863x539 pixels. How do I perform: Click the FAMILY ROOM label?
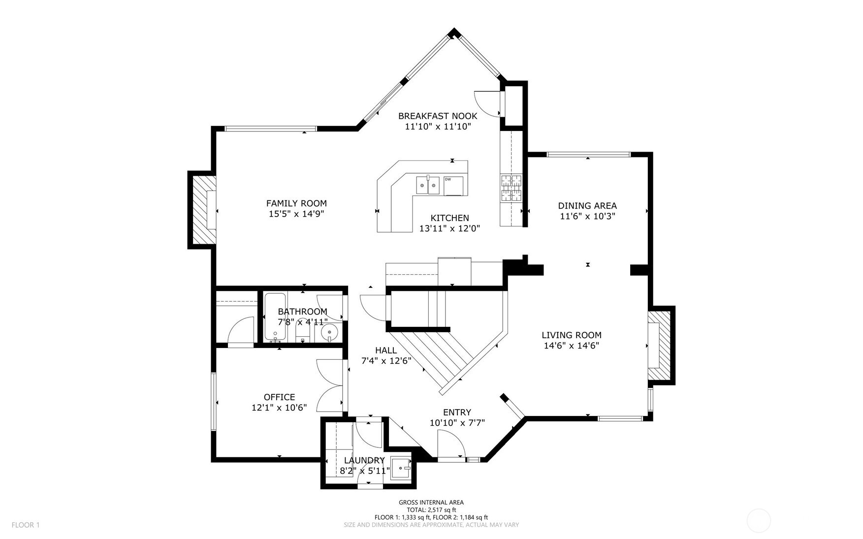click(296, 203)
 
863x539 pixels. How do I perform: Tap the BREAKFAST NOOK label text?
click(437, 116)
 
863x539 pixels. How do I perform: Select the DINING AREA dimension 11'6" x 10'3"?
click(587, 216)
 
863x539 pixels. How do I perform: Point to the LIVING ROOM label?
click(571, 335)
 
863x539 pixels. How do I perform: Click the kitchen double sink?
click(427, 185)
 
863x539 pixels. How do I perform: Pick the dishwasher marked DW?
click(454, 185)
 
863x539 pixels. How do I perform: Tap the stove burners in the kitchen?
click(511, 189)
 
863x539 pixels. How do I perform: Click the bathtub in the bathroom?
click(275, 317)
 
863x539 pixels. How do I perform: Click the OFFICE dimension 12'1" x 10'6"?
click(279, 408)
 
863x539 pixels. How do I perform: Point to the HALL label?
click(386, 350)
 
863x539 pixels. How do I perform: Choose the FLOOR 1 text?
click(25, 525)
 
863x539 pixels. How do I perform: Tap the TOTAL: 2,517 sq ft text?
click(431, 510)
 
